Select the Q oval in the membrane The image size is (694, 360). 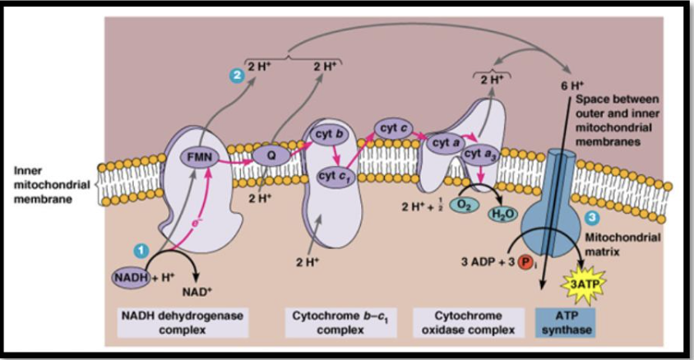click(268, 152)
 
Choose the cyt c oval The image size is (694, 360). click(395, 127)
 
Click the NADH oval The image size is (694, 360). click(131, 278)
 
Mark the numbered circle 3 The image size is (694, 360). click(591, 217)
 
